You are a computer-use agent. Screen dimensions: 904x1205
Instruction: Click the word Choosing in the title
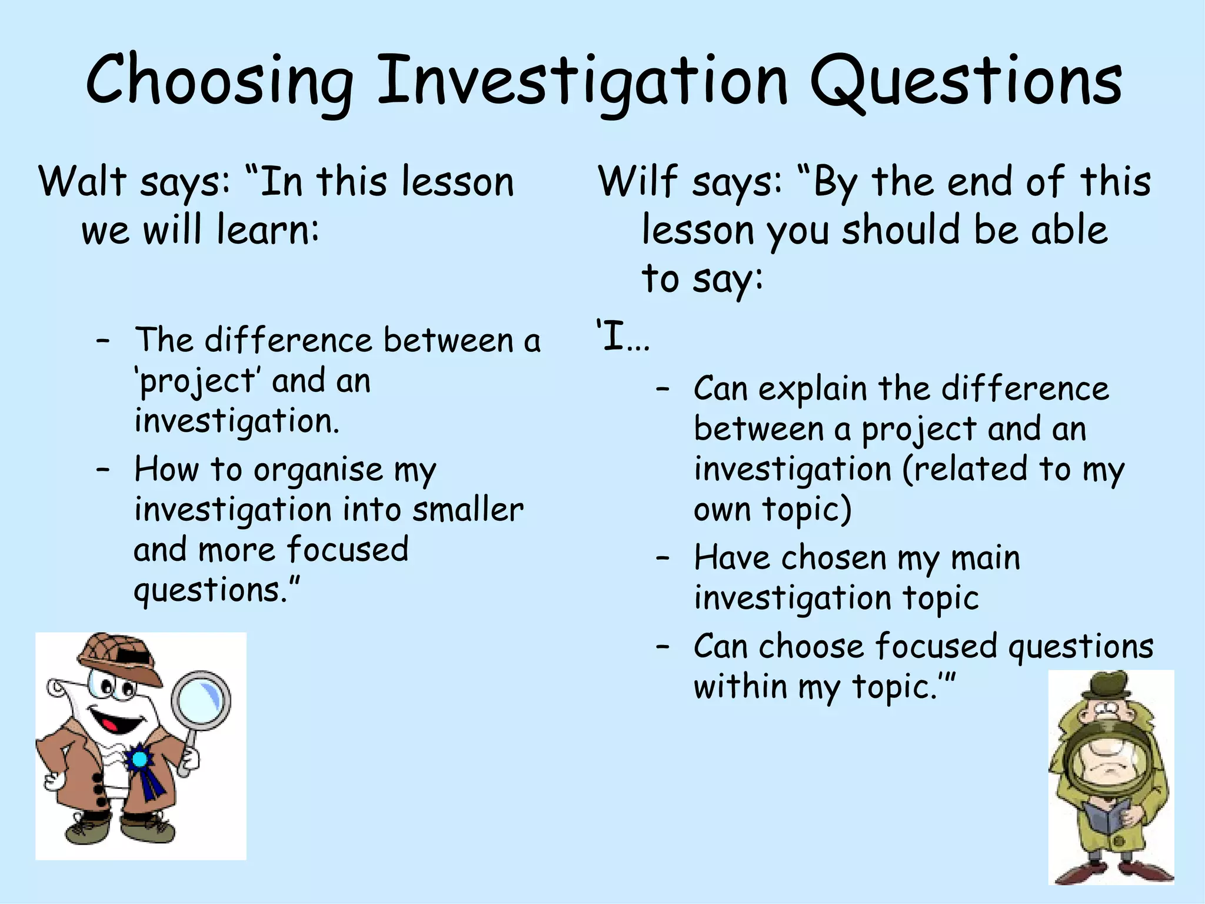coord(219,82)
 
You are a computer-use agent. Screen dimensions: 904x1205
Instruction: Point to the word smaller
coord(468,510)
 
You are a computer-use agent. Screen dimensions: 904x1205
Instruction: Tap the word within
coord(740,687)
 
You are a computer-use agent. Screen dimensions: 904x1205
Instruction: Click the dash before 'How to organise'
coord(104,470)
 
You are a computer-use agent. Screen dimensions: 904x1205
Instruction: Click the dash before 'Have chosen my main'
coord(663,558)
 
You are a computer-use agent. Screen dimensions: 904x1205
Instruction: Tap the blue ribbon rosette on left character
coord(140,759)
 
